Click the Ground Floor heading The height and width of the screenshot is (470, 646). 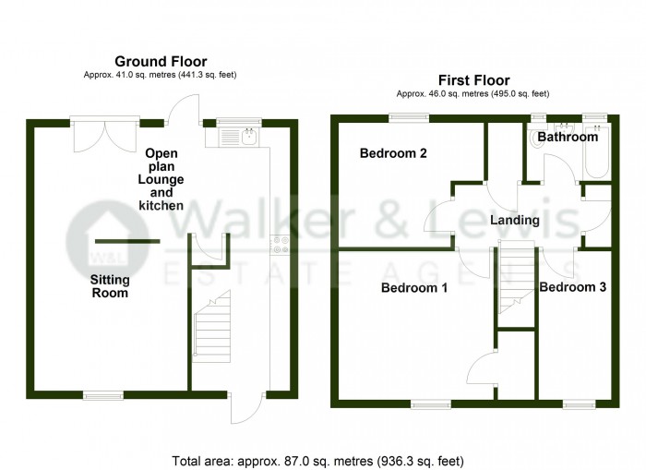point(161,62)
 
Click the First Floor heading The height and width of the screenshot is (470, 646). point(473,80)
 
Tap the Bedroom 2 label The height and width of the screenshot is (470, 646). point(393,153)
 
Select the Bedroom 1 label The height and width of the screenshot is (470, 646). point(414,287)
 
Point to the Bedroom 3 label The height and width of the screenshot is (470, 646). point(573,287)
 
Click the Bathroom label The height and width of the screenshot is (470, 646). point(568,137)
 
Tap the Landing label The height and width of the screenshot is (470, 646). point(515,220)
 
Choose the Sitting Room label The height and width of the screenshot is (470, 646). point(110,286)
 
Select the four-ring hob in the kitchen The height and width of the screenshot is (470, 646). point(280,244)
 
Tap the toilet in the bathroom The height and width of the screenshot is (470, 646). point(538,139)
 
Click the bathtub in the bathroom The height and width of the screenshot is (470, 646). point(596,151)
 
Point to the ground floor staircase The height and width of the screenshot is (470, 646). point(211,326)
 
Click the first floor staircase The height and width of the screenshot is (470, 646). point(517,278)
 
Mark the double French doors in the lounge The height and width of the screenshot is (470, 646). point(104,134)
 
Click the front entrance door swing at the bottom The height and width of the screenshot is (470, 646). point(246,407)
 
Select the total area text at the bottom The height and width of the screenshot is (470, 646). point(317,461)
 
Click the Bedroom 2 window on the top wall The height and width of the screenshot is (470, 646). point(409,118)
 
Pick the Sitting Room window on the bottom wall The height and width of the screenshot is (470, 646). point(103,395)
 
